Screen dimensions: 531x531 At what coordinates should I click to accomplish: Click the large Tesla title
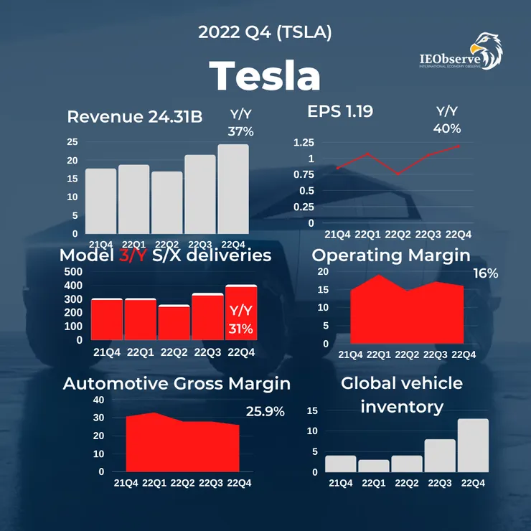pyautogui.click(x=265, y=75)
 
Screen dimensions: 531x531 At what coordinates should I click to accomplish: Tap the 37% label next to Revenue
pyautogui.click(x=242, y=131)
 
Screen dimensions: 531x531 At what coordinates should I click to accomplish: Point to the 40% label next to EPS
pyautogui.click(x=447, y=128)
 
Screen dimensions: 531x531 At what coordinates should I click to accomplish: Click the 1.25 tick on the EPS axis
pyautogui.click(x=304, y=142)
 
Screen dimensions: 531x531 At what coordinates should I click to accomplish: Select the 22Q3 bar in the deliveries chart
pyautogui.click(x=208, y=316)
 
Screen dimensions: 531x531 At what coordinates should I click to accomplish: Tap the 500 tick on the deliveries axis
pyautogui.click(x=73, y=272)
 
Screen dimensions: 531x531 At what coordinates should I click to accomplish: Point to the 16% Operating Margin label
pyautogui.click(x=486, y=273)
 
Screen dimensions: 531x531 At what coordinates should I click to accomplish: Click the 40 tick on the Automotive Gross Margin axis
pyautogui.click(x=98, y=400)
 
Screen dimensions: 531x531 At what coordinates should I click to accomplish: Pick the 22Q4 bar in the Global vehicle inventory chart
pyautogui.click(x=472, y=445)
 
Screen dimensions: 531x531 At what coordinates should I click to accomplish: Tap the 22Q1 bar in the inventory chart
pyautogui.click(x=374, y=465)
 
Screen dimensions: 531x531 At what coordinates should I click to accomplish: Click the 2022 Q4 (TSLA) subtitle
pyautogui.click(x=265, y=32)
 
